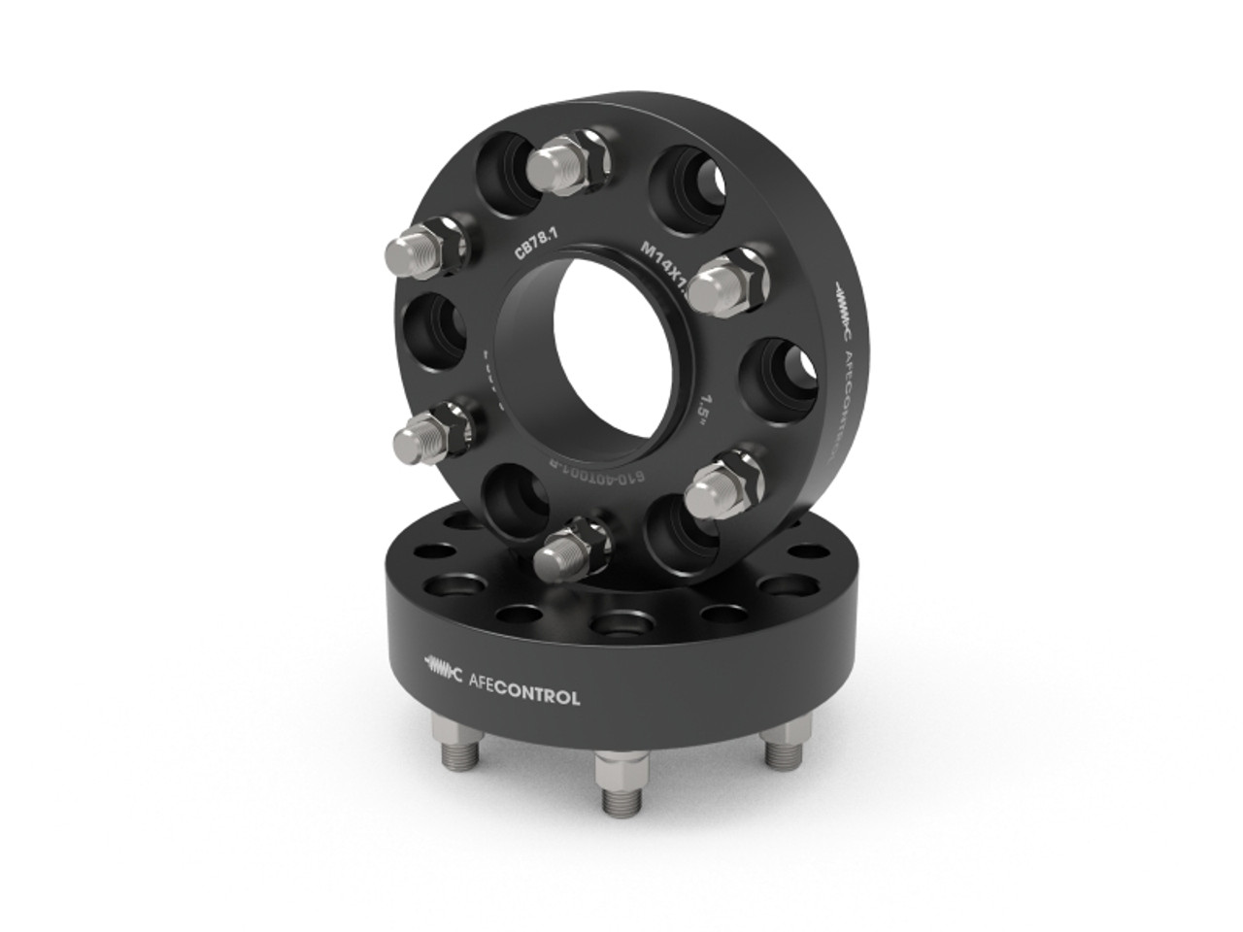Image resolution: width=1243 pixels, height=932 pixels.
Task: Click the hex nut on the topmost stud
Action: click(583, 151)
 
